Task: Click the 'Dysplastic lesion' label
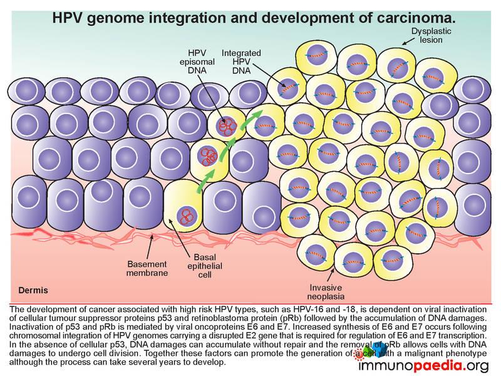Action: pyautogui.click(x=431, y=36)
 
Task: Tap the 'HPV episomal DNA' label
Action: pyautogui.click(x=197, y=61)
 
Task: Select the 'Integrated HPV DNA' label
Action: pyautogui.click(x=241, y=61)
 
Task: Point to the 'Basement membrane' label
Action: pyautogui.click(x=147, y=269)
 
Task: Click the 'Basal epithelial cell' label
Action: pyautogui.click(x=205, y=266)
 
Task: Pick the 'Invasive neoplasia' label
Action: pyautogui.click(x=326, y=292)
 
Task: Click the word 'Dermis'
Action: pyautogui.click(x=33, y=290)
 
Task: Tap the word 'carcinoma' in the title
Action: pyautogui.click(x=416, y=18)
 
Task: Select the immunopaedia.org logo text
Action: pyautogui.click(x=424, y=365)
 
